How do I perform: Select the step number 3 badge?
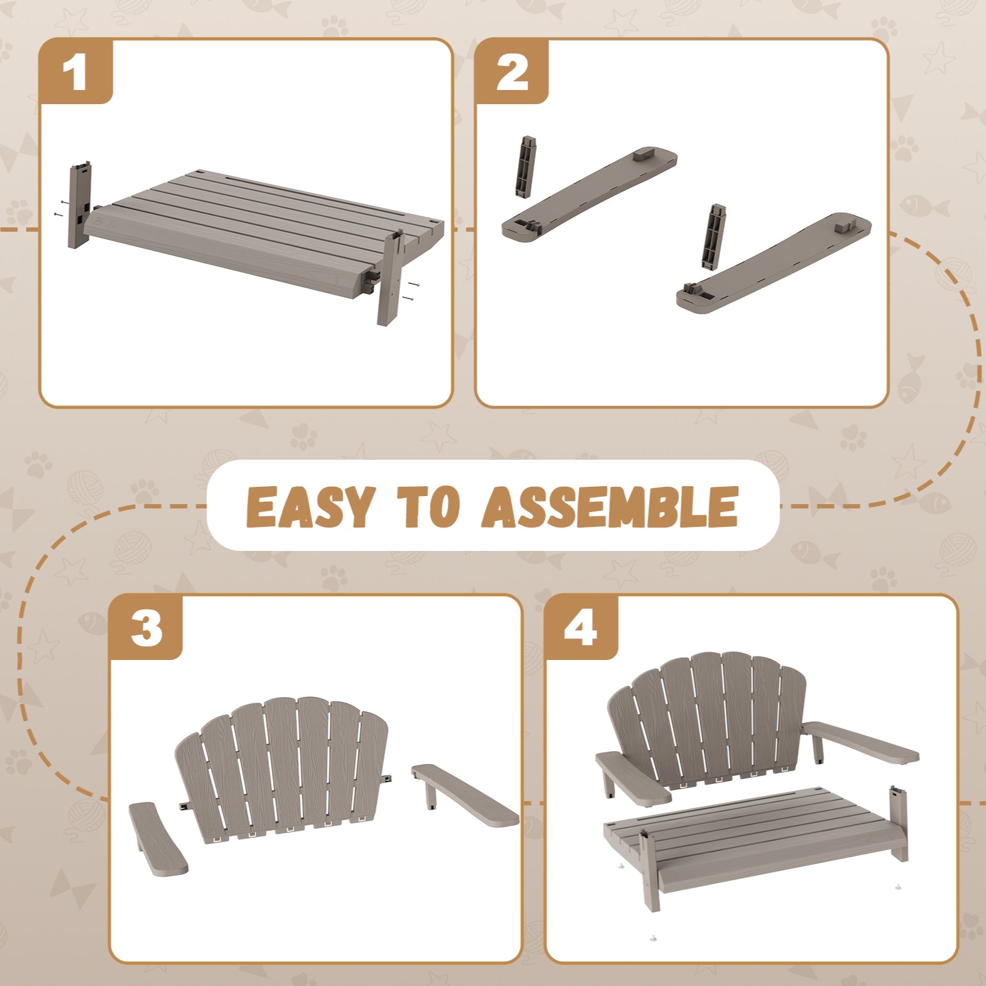point(146,628)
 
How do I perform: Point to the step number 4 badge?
point(582,628)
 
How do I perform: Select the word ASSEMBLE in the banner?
point(610,507)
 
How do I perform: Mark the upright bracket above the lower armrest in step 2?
point(715,237)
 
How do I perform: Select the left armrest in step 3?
point(158,838)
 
